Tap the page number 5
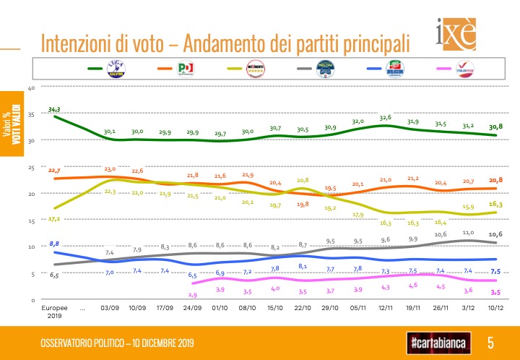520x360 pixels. coord(490,341)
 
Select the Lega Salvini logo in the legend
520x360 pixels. coord(115,69)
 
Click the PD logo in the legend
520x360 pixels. coord(186,69)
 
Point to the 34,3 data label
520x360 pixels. coord(54,109)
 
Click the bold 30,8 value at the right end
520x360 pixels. coord(496,127)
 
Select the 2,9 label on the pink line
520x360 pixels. coord(193,295)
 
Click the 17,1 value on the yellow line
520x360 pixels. coord(53,218)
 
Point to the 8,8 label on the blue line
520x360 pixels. coord(53,243)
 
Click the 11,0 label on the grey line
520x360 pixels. coord(468,233)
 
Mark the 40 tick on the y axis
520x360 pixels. coord(31,88)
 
